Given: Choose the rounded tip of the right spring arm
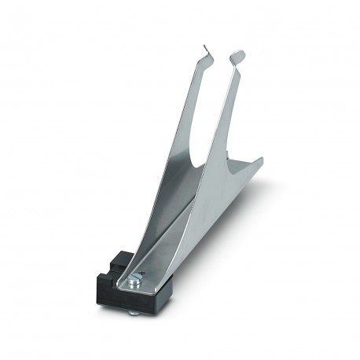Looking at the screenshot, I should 237,56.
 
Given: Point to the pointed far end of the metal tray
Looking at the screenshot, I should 259,160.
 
